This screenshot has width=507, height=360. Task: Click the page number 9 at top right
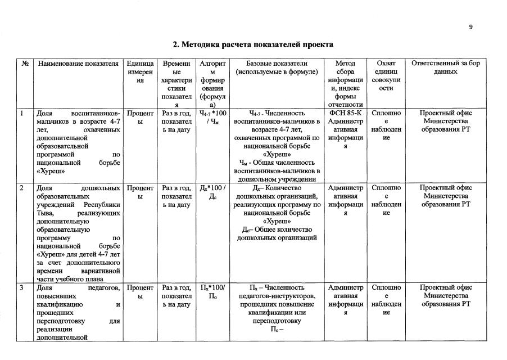pos(470,27)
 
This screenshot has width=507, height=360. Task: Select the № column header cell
pos(25,64)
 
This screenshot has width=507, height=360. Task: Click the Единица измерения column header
pos(140,72)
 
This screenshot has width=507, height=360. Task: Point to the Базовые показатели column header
pos(277,68)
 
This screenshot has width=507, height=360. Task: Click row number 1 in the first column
pos(21,113)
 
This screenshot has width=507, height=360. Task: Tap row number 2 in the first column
pos(21,188)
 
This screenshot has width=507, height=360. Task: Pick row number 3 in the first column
pos(21,288)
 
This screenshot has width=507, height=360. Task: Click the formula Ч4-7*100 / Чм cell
pos(212,118)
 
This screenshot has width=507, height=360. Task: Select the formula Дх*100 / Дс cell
pos(212,192)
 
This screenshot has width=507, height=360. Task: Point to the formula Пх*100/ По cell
pos(212,292)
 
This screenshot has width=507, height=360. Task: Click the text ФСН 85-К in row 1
pos(345,113)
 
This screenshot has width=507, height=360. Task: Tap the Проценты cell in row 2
pos(140,192)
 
